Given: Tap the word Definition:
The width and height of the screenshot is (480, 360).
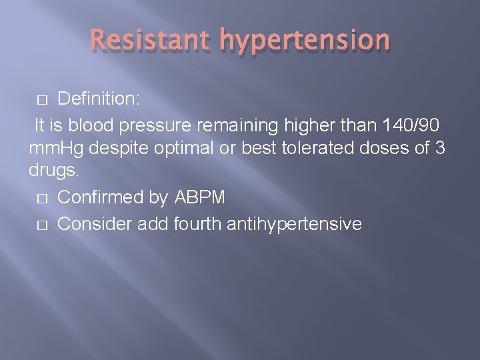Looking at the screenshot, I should tap(99, 99).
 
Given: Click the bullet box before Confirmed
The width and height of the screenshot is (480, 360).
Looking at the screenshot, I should tap(41, 199).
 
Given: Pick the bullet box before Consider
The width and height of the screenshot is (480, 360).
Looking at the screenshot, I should tap(41, 224).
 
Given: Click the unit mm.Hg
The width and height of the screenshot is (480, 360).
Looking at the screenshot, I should tap(57, 149).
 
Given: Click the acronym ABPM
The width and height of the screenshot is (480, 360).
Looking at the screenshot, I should tap(202, 198).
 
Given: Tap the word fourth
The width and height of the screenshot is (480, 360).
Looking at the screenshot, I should tap(198, 223).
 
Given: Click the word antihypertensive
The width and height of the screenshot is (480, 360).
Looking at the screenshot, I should tap(294, 224).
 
